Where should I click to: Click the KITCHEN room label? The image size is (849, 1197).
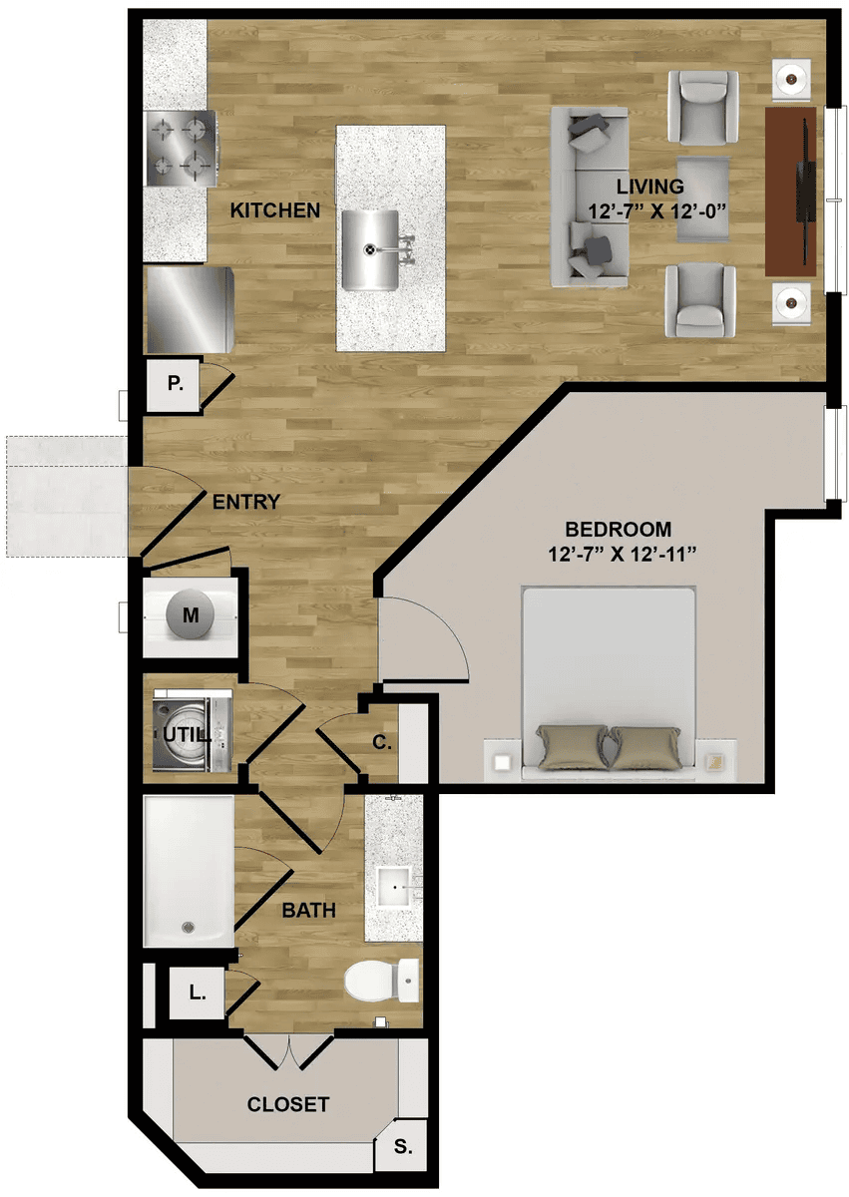[274, 210]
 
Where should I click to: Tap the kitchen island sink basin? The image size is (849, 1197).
[370, 248]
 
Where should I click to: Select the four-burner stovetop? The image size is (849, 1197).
[182, 148]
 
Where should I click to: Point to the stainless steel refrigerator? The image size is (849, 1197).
[191, 309]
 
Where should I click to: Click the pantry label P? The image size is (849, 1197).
[175, 383]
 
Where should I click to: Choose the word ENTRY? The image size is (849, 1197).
[245, 502]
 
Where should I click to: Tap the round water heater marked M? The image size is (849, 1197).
[191, 614]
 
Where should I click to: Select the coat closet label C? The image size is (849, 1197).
[381, 742]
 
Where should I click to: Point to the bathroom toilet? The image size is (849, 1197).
[381, 982]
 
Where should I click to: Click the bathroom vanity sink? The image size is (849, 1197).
[394, 887]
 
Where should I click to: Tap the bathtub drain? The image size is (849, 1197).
[187, 927]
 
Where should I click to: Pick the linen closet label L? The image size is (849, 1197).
[198, 993]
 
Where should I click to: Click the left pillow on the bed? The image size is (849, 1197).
[572, 746]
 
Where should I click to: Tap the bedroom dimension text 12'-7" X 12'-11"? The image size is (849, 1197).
[623, 555]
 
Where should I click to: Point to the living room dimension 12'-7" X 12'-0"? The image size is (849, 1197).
[657, 211]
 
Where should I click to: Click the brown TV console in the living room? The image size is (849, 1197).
[790, 192]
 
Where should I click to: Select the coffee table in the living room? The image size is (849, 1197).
[702, 199]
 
